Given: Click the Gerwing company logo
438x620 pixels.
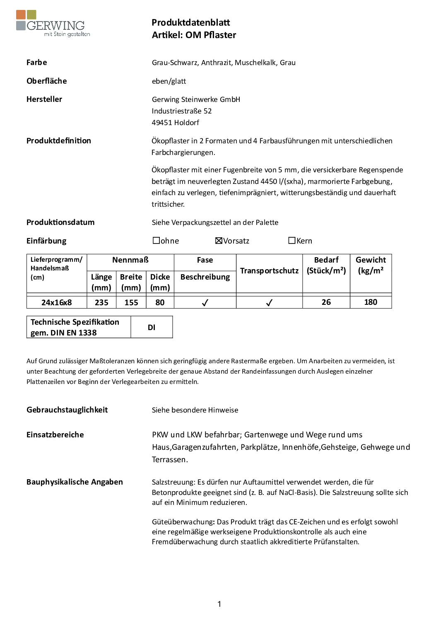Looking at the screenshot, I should pyautogui.click(x=53, y=24).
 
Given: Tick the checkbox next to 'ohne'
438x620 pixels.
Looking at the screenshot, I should pyautogui.click(x=156, y=241).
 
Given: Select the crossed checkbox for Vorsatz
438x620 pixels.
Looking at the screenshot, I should pyautogui.click(x=219, y=241).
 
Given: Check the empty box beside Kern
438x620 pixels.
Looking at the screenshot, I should pyautogui.click(x=292, y=241).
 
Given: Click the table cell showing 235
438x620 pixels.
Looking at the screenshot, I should pyautogui.click(x=101, y=302).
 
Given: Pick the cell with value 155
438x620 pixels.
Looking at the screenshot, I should pyautogui.click(x=131, y=302).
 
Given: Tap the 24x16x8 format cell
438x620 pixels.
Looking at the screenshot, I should pyautogui.click(x=57, y=302).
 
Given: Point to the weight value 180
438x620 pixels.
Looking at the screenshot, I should pyautogui.click(x=371, y=302).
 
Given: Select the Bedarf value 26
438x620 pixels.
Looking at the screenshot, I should pyautogui.click(x=326, y=302).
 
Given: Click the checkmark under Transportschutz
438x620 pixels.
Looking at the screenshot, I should pyautogui.click(x=269, y=303).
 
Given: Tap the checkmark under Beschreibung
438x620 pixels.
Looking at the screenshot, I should pyautogui.click(x=205, y=303).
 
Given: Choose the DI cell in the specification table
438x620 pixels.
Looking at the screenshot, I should pyautogui.click(x=152, y=327).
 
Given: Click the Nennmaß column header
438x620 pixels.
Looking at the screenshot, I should pyautogui.click(x=130, y=260).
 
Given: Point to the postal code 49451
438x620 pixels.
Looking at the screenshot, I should pyautogui.click(x=162, y=123).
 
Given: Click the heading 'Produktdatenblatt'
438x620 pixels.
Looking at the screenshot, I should pyautogui.click(x=190, y=23).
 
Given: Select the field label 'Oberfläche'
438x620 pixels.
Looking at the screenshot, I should pyautogui.click(x=47, y=81).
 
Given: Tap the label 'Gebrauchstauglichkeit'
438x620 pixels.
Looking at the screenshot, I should pyautogui.click(x=67, y=410).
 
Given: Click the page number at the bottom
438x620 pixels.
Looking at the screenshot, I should pyautogui.click(x=219, y=604).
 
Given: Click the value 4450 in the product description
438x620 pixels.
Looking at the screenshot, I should pyautogui.click(x=269, y=181).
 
